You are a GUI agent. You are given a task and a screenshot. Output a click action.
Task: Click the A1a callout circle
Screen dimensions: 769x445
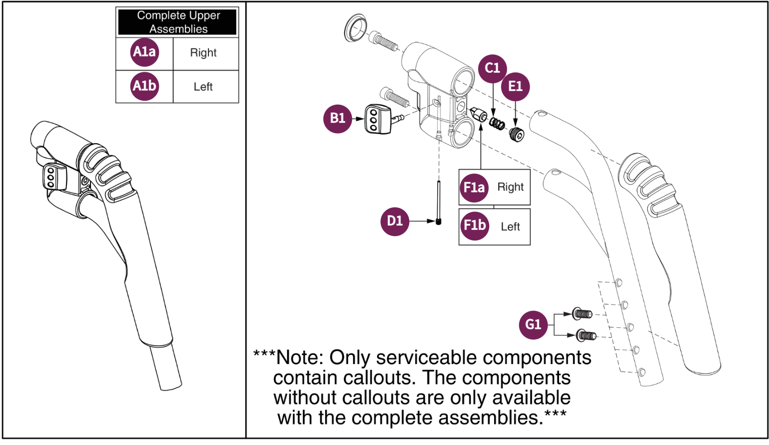pyautogui.click(x=144, y=52)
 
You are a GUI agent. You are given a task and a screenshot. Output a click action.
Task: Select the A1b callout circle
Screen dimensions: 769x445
pyautogui.click(x=144, y=86)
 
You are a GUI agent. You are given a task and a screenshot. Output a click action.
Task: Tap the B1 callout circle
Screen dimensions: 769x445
pyautogui.click(x=338, y=119)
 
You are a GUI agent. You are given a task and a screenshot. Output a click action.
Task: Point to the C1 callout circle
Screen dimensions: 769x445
pyautogui.click(x=493, y=68)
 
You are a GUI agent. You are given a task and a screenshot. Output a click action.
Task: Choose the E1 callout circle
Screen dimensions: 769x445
pyautogui.click(x=515, y=87)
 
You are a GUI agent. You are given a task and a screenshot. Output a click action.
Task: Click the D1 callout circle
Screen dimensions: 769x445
pyautogui.click(x=395, y=221)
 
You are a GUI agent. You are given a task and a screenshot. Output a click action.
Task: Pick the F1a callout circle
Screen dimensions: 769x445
pyautogui.click(x=474, y=188)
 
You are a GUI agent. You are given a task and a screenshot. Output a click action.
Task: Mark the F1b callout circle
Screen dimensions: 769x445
pyautogui.click(x=474, y=226)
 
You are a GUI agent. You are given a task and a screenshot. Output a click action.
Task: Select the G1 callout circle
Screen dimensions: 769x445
pyautogui.click(x=533, y=325)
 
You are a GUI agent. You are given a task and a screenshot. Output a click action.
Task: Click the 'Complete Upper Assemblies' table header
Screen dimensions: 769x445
pyautogui.click(x=178, y=22)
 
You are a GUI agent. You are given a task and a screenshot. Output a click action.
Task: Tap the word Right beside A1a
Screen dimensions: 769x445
pyautogui.click(x=203, y=53)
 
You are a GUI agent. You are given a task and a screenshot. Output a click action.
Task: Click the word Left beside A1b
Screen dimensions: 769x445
pyautogui.click(x=203, y=87)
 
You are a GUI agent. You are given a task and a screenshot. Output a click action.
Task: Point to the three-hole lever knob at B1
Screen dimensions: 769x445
pyautogui.click(x=378, y=120)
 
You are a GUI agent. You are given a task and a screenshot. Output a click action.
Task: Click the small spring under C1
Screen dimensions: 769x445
pyautogui.click(x=497, y=123)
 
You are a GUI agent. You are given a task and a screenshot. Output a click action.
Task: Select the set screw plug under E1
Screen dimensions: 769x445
pyautogui.click(x=516, y=134)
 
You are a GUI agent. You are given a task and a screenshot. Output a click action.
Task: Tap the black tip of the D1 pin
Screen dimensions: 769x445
pyautogui.click(x=438, y=222)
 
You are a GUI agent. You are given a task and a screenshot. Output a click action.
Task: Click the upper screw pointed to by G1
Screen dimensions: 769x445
pyautogui.click(x=582, y=314)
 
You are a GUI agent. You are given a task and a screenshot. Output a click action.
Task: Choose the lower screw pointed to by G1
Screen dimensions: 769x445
pyautogui.click(x=587, y=336)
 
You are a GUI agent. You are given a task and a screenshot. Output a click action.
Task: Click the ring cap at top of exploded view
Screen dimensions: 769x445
pyautogui.click(x=355, y=28)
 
